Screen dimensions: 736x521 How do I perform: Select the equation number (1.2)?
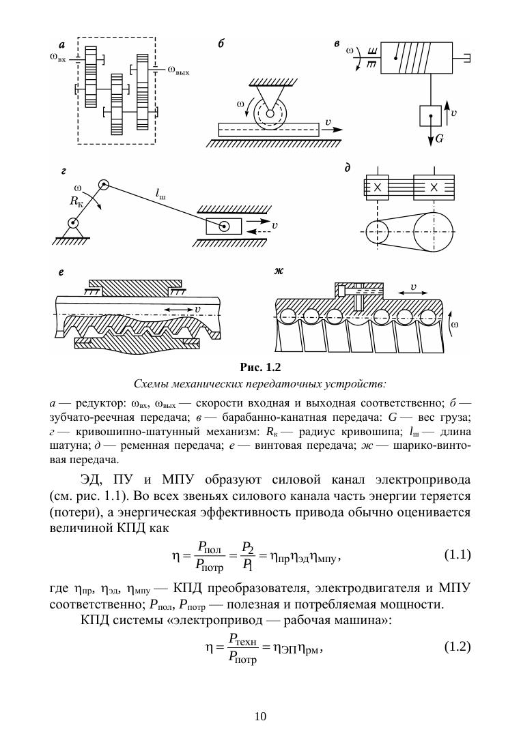tap(457, 646)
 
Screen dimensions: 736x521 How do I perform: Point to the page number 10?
tap(260, 716)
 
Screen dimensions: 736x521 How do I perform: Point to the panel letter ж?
tap(279, 271)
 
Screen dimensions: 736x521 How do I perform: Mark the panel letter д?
tap(348, 166)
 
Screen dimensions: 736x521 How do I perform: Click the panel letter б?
tap(221, 44)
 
